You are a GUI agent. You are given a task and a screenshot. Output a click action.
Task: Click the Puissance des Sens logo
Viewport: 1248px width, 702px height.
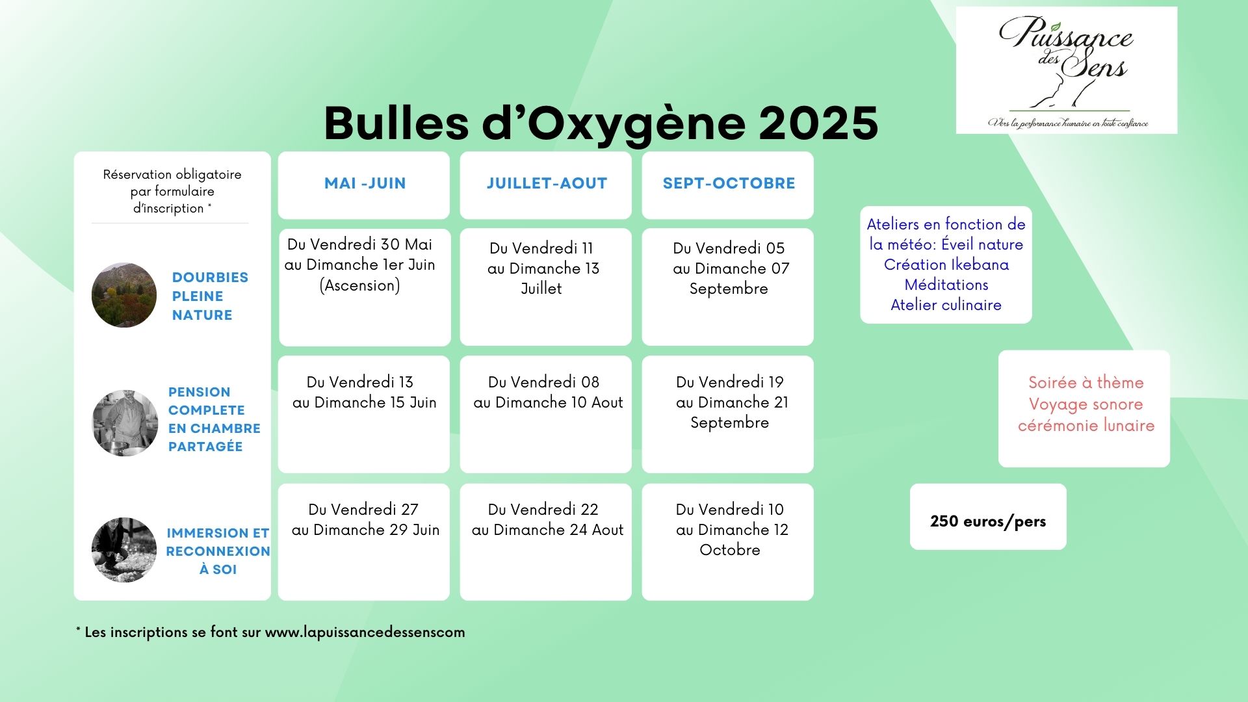pyautogui.click(x=1067, y=70)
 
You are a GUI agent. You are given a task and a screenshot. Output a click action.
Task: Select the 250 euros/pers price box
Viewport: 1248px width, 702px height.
pyautogui.click(x=988, y=517)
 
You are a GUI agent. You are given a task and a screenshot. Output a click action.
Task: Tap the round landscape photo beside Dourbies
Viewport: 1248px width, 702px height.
pyautogui.click(x=124, y=295)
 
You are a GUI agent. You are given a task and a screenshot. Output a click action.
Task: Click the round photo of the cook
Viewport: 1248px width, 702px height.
pyautogui.click(x=125, y=423)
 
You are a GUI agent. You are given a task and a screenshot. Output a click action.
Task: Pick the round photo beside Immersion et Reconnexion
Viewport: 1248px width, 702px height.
pyautogui.click(x=124, y=550)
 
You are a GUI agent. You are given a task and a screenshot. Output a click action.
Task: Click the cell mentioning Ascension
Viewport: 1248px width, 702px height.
pyautogui.click(x=365, y=287)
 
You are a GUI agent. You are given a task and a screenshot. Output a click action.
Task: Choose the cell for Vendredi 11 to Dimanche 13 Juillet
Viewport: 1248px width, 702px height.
pyautogui.click(x=546, y=287)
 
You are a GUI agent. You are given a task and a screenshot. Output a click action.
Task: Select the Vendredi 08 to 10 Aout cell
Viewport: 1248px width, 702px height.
pyautogui.click(x=546, y=414)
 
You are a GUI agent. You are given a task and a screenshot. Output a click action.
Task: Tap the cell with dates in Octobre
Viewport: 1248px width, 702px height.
pyautogui.click(x=728, y=542)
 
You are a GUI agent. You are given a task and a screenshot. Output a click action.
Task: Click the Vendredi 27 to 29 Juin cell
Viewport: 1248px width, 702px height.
pyautogui.click(x=364, y=542)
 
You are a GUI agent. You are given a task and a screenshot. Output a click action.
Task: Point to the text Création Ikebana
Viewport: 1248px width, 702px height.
pyautogui.click(x=946, y=265)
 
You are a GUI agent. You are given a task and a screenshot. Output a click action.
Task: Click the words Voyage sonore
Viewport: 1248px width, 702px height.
pyautogui.click(x=1085, y=404)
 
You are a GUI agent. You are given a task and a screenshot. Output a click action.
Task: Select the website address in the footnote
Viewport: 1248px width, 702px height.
pyautogui.click(x=365, y=632)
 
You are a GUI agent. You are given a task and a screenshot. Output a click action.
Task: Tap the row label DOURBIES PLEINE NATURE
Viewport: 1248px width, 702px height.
pyautogui.click(x=210, y=296)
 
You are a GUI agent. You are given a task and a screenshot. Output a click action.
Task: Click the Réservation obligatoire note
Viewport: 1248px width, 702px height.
pyautogui.click(x=172, y=191)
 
